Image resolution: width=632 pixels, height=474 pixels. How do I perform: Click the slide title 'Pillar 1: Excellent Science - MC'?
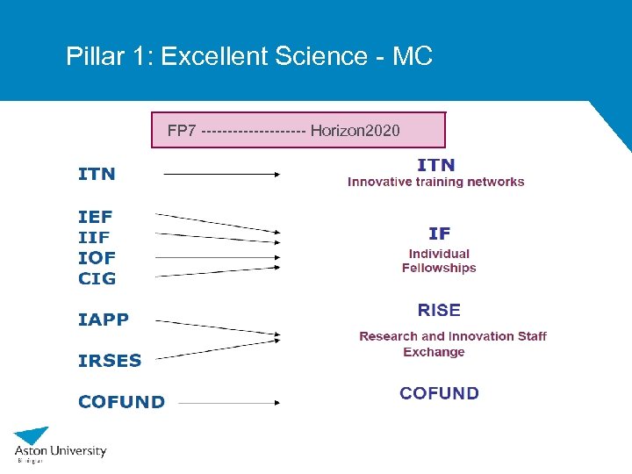[x=249, y=57]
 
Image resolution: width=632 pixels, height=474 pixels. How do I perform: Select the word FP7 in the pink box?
[x=182, y=131]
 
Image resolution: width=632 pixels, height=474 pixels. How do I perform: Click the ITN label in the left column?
[x=97, y=174]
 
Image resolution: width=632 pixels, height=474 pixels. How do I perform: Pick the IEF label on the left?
[x=96, y=216]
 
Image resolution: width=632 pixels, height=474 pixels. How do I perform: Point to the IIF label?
[x=94, y=237]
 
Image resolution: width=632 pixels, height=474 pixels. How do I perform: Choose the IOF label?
[x=97, y=258]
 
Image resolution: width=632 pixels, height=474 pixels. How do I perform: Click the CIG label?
[x=97, y=279]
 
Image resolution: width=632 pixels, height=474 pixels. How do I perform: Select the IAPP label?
[x=104, y=320]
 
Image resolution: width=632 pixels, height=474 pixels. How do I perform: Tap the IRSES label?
[x=110, y=360]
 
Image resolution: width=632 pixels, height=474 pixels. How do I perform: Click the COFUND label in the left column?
[x=121, y=402]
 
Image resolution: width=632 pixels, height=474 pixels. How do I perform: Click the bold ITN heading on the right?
[x=436, y=164]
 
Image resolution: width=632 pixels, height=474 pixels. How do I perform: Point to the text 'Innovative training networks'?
[x=436, y=183]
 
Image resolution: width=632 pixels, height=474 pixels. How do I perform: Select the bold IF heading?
[x=439, y=233]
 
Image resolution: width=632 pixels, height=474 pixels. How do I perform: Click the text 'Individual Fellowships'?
[x=439, y=261]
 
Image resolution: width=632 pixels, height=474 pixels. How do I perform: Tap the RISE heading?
[x=439, y=310]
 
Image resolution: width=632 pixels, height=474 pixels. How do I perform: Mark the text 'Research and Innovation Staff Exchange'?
[x=452, y=344]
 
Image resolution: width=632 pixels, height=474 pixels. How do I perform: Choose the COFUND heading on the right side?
[x=439, y=393]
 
